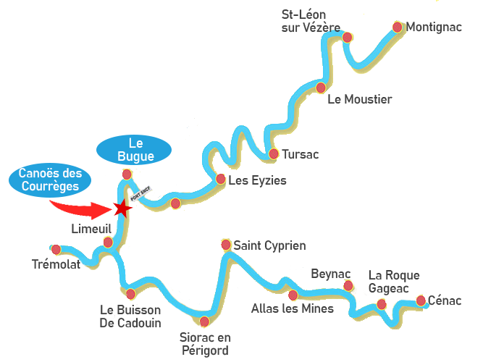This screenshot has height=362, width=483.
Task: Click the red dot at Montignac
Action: pyautogui.click(x=398, y=27)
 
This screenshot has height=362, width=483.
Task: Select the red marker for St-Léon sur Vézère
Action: pyautogui.click(x=348, y=37)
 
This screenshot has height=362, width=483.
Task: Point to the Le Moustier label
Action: pyautogui.click(x=359, y=99)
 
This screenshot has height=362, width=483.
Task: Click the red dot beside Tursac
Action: pyautogui.click(x=274, y=153)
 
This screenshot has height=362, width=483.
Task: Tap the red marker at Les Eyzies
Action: pyautogui.click(x=220, y=179)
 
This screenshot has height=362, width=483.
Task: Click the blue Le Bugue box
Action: pyautogui.click(x=134, y=148)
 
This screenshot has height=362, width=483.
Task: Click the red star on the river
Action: pyautogui.click(x=123, y=209)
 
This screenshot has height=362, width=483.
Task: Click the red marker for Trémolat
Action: pyautogui.click(x=56, y=249)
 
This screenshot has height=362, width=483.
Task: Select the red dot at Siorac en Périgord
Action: pyautogui.click(x=205, y=321)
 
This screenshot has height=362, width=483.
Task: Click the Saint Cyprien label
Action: pyautogui.click(x=264, y=245)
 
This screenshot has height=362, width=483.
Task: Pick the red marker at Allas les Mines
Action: pyautogui.click(x=293, y=295)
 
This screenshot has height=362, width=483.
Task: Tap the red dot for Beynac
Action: pyautogui.click(x=348, y=286)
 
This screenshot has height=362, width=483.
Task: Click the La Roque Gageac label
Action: pyautogui.click(x=393, y=281)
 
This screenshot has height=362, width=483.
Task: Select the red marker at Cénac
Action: pyautogui.click(x=421, y=300)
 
